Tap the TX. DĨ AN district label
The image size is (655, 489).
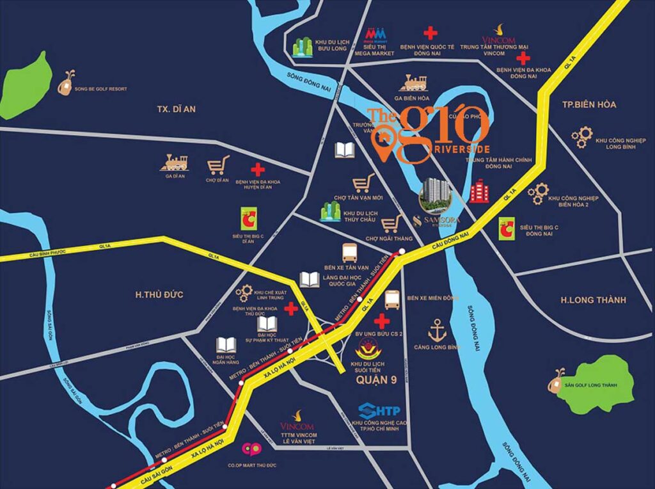(x=176, y=109)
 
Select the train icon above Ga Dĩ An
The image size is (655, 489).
(x=174, y=163)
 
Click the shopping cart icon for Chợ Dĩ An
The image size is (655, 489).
(x=217, y=166)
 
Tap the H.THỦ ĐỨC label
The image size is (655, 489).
(x=159, y=294)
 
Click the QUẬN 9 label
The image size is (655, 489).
(x=375, y=385)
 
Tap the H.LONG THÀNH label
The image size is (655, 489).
(x=593, y=300)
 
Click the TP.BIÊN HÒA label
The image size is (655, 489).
(x=588, y=104)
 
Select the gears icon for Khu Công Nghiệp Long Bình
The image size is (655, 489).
(x=581, y=136)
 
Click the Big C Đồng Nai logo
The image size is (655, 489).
(x=507, y=228)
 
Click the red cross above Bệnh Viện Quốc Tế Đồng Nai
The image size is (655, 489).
(x=430, y=33)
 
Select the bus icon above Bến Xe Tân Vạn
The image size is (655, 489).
(x=350, y=252)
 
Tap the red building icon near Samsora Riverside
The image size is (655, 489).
(x=478, y=191)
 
